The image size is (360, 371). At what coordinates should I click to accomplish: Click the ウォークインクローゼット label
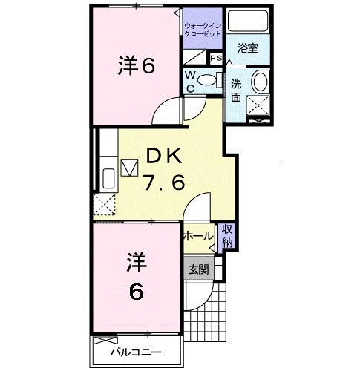[x=203, y=30]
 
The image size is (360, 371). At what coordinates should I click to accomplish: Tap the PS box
[x=216, y=59]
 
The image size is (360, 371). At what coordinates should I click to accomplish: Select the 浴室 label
[x=248, y=48]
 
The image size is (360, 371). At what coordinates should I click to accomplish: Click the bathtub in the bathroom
[x=248, y=21]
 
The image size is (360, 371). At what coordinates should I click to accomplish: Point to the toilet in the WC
[x=210, y=79]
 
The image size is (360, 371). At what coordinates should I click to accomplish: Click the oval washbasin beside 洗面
[x=260, y=81]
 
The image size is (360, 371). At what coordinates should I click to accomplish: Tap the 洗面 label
[x=236, y=91]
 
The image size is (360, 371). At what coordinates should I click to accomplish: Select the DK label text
[x=164, y=156]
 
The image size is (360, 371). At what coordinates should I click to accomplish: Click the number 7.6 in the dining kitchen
[x=165, y=183]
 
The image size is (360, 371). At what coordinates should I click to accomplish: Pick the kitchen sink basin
[x=108, y=178]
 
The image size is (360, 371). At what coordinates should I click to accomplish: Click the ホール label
[x=198, y=236]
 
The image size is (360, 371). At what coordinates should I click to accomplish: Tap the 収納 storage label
[x=227, y=236]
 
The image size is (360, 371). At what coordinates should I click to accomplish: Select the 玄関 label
[x=199, y=269]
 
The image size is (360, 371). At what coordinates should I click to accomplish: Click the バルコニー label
[x=136, y=352]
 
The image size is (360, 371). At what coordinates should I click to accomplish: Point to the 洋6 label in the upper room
[x=137, y=65]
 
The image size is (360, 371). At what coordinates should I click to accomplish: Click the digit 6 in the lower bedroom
[x=137, y=291]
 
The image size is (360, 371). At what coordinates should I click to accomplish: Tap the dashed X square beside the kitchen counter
[x=105, y=204]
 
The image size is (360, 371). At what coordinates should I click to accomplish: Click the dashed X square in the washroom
[x=258, y=105]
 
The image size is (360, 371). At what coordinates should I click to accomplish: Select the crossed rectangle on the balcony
[x=105, y=341]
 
